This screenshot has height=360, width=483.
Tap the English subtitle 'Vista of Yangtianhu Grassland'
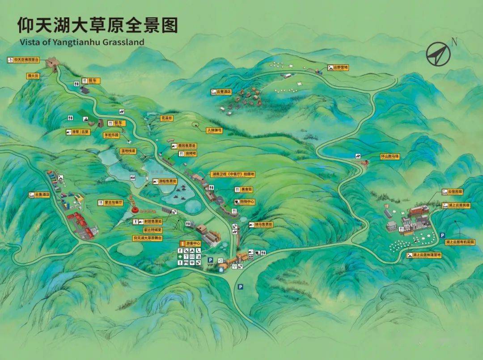pyautogui.click(x=82, y=42)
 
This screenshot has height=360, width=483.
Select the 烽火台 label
pyautogui.click(x=34, y=76)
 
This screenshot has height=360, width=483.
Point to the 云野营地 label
pyautogui.click(x=340, y=68)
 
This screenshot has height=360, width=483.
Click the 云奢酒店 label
pyautogui.click(x=224, y=92)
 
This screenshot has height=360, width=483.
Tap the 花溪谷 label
pyautogui.click(x=166, y=118)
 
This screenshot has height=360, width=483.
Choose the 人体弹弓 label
pyautogui.click(x=214, y=130)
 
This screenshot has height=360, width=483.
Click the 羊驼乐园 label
pyautogui.click(x=111, y=135)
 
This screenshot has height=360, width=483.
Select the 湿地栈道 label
pyautogui.click(x=127, y=151)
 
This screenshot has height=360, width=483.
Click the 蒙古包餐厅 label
pyautogui.click(x=113, y=203)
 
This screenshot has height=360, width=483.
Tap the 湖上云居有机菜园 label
pyautogui.click(x=460, y=241)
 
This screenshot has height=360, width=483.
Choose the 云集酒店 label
pyautogui.click(x=39, y=195)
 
